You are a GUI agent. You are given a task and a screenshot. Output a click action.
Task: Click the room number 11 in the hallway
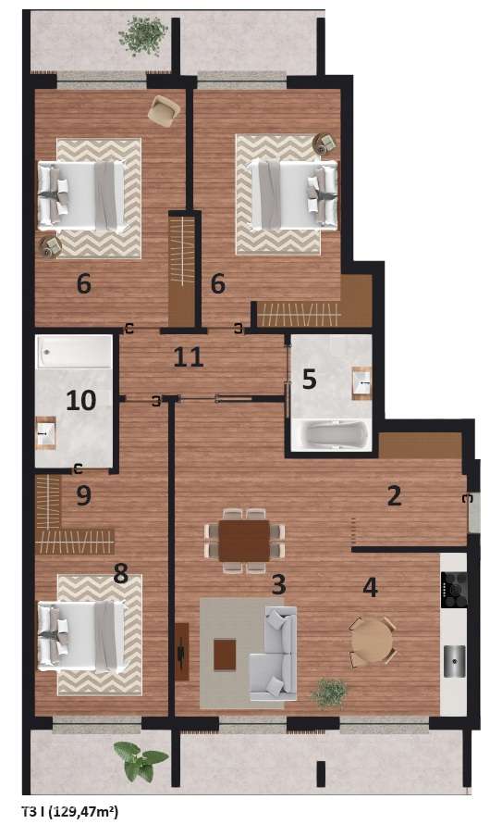click(x=189, y=356)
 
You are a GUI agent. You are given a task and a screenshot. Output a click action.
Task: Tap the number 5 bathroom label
click(x=310, y=379)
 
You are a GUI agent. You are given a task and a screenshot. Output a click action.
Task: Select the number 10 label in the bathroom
click(x=80, y=401)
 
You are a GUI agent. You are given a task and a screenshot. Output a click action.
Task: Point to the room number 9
click(x=84, y=495)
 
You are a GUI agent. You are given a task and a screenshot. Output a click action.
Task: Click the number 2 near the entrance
click(x=395, y=495)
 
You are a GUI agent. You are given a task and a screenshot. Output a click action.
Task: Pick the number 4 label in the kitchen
click(x=371, y=587)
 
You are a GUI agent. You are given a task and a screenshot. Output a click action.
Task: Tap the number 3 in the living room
click(x=278, y=584)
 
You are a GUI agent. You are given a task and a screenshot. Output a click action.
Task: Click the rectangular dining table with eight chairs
click(x=244, y=540)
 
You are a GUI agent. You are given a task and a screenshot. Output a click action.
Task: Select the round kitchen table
click(x=372, y=641)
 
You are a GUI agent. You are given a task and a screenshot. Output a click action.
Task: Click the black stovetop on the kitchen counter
click(x=454, y=590)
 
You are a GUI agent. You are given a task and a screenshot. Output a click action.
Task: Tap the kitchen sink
click(x=454, y=661)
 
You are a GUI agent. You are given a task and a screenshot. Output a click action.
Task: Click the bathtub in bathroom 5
click(x=330, y=434)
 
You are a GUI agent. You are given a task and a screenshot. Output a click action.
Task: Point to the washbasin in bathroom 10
click(x=45, y=432)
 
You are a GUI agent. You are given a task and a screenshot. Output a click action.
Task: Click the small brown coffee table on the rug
click(x=225, y=655)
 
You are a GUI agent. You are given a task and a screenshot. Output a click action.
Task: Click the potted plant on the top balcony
click(x=143, y=36)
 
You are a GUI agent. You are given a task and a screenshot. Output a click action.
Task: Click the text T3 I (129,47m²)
click(x=70, y=811)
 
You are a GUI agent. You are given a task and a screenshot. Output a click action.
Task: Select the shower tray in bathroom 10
click(x=74, y=352)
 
